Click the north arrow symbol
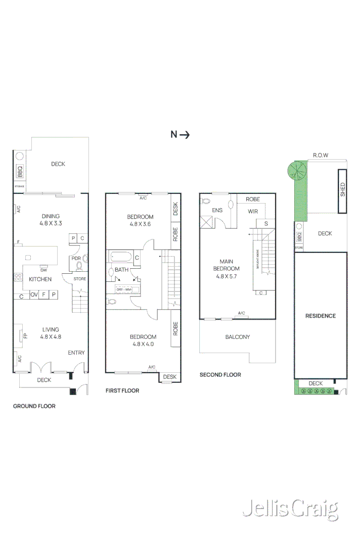180,134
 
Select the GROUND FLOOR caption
34,406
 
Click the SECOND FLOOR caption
220,375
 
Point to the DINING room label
51,219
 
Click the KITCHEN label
40,279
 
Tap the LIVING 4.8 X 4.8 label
51,332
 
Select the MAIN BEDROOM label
226,269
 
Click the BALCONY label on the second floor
237,337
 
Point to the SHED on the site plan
342,189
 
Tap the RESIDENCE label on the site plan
321,316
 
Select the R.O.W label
321,155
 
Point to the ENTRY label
76,353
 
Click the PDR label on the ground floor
76,258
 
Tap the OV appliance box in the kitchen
34,295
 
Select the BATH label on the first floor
121,270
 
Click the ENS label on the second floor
217,210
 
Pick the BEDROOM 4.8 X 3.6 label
140,220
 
